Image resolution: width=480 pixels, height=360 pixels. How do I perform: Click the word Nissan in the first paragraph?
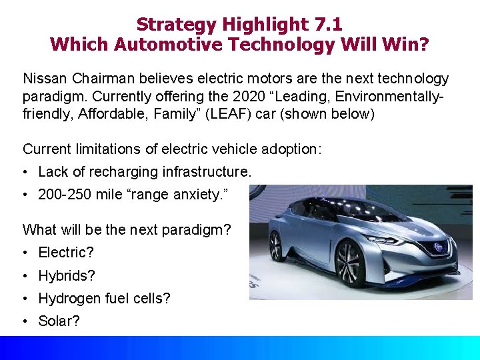tap(44, 79)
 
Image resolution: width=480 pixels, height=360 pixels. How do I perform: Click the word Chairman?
tap(99, 79)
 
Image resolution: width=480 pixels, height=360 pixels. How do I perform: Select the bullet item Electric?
tap(66, 253)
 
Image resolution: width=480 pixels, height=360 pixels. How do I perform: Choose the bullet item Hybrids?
tap(67, 275)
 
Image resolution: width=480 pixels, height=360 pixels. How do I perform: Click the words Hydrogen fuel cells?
tap(104, 298)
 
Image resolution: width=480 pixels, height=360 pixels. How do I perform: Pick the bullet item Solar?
tap(59, 321)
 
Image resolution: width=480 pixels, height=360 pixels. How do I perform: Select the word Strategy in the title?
tap(175, 25)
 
